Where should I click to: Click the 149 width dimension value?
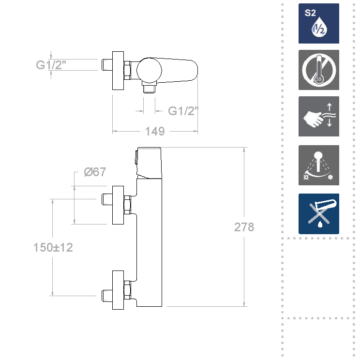[x=155, y=131]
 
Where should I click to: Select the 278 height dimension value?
[x=244, y=227]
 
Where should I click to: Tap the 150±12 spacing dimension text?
[x=53, y=247]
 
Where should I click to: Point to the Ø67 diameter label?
[x=95, y=172]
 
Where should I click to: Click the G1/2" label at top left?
[x=52, y=64]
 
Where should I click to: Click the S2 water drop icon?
[x=318, y=24]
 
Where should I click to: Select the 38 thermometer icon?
[x=318, y=70]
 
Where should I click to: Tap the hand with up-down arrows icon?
[x=318, y=116]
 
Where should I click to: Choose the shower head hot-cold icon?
[x=318, y=165]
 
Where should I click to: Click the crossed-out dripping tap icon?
[x=318, y=213]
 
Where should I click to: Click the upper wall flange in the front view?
[x=118, y=205]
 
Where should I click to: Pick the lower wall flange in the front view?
[x=118, y=290]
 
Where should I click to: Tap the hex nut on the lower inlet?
[x=128, y=289]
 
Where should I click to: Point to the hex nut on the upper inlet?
[x=128, y=205]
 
